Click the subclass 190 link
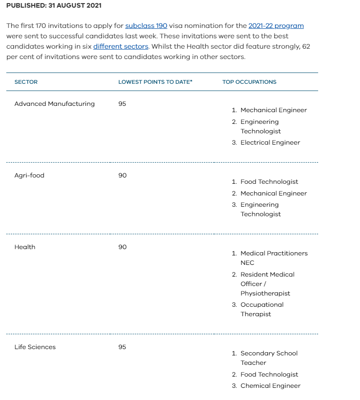pos(146,26)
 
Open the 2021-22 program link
pos(276,26)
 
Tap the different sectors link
pos(121,46)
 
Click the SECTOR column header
pos(26,82)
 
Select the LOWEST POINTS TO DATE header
pos(155,82)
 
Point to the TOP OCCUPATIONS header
pos(249,82)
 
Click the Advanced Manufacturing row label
pos(54,104)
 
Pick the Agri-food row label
pos(29,175)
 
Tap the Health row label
pos(25,247)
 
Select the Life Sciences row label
pos(35,347)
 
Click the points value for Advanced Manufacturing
pos(122,104)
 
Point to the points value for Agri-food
pos(122,175)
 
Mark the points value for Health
pos(122,247)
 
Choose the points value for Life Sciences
pos(122,347)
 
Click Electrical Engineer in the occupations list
pos(270,142)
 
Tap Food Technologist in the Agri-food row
pos(269,182)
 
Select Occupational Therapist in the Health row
pos(262,309)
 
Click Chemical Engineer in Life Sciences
pos(270,386)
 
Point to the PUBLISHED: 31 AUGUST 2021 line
pos(54,6)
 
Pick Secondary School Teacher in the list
pos(269,358)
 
